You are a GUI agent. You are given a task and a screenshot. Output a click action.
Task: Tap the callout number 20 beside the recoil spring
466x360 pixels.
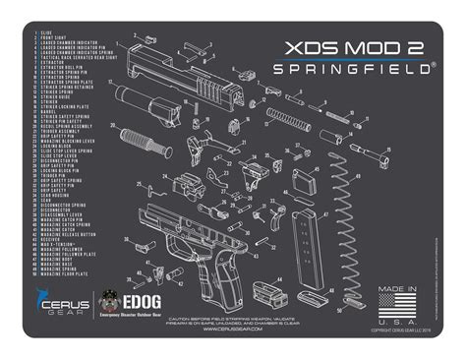point(113,125)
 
